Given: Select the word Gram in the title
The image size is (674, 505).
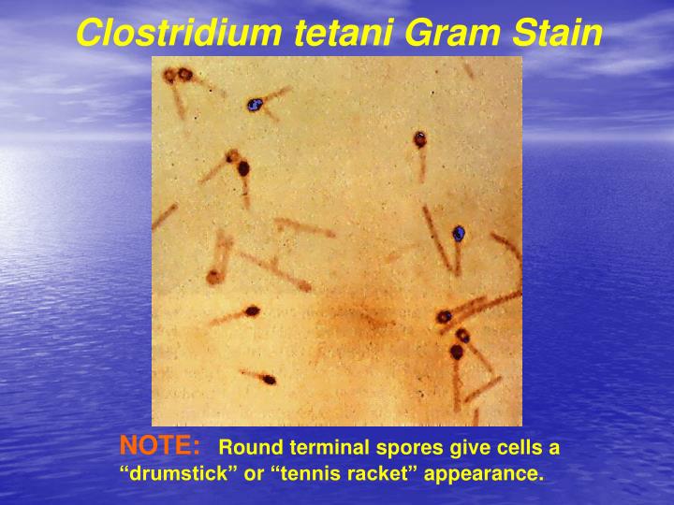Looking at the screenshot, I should tap(455, 34).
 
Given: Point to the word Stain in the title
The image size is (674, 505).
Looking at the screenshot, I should tap(558, 34).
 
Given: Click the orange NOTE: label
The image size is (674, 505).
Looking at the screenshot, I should tap(160, 444).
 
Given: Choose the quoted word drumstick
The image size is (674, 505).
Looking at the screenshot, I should tap(183, 474).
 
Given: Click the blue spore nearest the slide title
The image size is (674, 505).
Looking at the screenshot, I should tap(254, 105).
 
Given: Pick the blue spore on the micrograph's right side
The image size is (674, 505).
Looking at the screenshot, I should tap(459, 233).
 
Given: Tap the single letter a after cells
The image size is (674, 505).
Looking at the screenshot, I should tap(553, 448).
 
